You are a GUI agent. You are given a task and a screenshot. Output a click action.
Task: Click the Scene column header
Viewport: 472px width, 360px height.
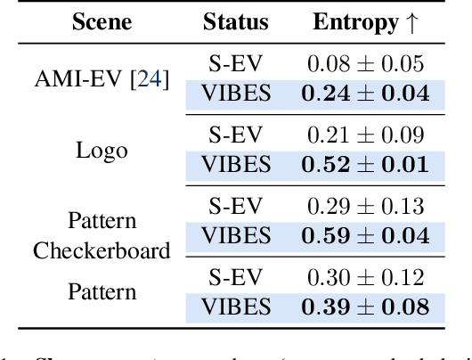point(101,22)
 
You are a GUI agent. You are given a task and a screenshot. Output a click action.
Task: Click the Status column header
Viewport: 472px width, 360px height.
point(235,22)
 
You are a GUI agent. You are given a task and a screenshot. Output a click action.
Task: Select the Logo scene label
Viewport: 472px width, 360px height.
point(101,150)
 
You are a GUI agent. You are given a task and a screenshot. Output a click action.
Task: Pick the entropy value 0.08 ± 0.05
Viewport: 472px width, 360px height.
point(366,63)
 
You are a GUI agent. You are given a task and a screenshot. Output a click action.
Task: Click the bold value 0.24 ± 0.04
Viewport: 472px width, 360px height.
point(366,94)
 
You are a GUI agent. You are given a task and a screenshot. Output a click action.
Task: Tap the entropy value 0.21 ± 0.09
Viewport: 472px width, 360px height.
point(366,135)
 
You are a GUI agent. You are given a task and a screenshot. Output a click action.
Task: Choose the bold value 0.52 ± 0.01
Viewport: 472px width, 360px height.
point(366,165)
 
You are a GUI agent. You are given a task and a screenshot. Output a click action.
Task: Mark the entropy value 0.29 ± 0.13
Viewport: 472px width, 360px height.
point(366,206)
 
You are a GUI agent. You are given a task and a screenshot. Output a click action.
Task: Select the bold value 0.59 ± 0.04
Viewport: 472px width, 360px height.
point(366,236)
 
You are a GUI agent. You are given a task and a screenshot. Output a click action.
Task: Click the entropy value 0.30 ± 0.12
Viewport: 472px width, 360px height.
point(366,277)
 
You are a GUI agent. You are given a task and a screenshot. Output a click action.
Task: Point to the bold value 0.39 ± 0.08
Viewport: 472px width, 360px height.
point(366,307)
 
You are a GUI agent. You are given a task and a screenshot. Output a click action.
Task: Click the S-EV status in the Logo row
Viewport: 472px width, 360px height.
point(235,135)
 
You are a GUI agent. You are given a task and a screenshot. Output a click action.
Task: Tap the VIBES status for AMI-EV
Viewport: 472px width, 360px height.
point(235,94)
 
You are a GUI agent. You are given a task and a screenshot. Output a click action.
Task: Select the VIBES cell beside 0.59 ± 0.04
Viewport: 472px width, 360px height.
point(235,236)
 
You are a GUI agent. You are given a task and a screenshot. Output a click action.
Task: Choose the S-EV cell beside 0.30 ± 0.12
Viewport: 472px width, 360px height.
point(235,277)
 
